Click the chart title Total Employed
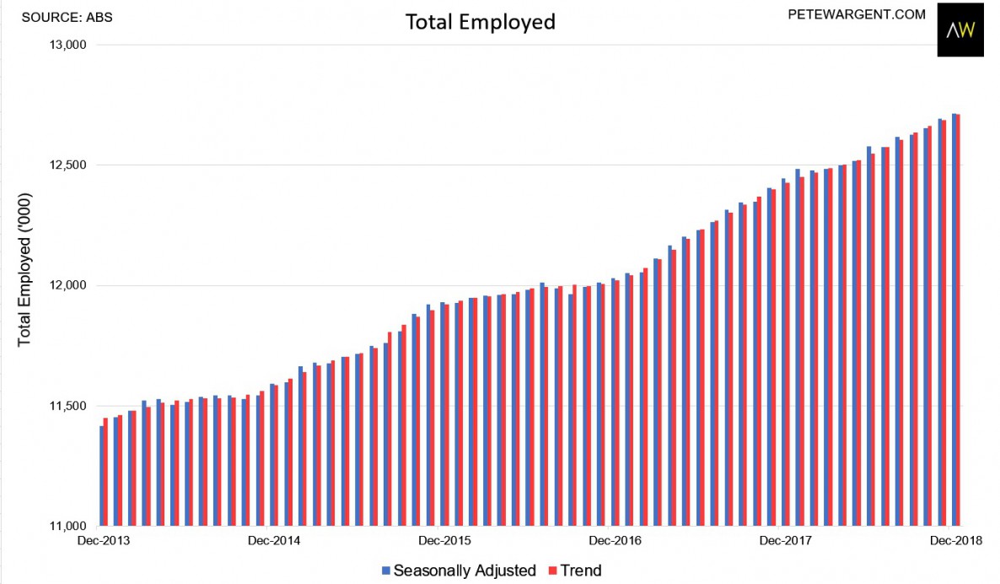[481, 22]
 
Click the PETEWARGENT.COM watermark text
[857, 14]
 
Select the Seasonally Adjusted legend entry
[459, 570]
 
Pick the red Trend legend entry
[577, 570]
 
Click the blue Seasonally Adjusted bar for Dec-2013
[101, 477]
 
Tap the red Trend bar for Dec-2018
[959, 321]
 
